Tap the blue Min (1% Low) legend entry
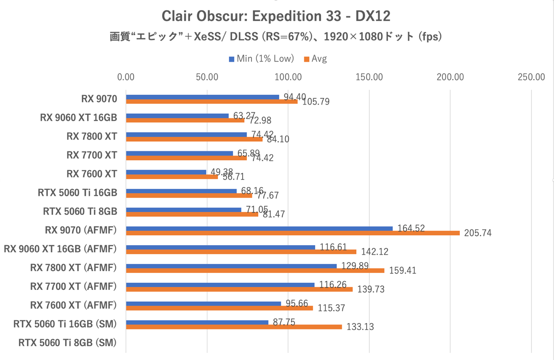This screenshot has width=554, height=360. tap(261, 59)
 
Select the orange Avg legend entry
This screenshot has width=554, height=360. tap(315, 59)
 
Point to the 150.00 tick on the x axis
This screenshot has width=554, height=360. tap(369, 77)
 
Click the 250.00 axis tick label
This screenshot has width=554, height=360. tap(531, 77)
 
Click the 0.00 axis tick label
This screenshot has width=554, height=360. tap(126, 77)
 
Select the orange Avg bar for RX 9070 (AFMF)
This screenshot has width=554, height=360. tap(293, 233)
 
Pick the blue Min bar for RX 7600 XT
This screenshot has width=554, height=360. tap(166, 172)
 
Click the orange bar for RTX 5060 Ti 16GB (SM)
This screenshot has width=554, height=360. tap(234, 327)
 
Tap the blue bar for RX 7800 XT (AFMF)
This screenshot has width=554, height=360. tap(231, 266)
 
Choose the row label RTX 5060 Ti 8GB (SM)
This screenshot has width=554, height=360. tap(67, 343)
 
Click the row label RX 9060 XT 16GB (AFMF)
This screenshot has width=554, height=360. tap(60, 249)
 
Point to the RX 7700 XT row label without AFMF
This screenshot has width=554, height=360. tap(92, 155)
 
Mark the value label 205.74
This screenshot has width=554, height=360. tap(477, 233)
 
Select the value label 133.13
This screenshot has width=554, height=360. tap(360, 327)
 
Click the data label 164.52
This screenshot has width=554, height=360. tap(411, 228)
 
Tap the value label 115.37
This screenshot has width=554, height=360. tap(331, 308)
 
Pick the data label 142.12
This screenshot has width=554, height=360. tap(374, 252)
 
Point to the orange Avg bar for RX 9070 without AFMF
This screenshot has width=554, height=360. tap(212, 102)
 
